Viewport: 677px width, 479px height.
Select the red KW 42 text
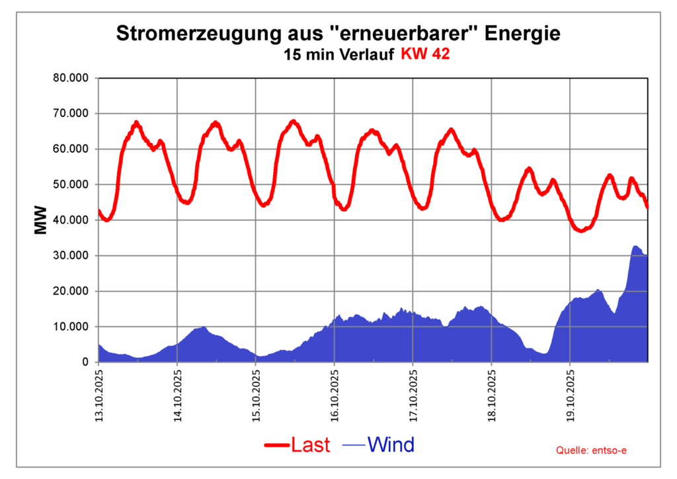[425, 54]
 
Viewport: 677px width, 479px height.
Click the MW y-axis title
[41, 220]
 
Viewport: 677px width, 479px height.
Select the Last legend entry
[309, 445]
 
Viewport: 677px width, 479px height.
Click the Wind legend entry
[391, 445]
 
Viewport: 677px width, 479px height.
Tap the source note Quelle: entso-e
[592, 451]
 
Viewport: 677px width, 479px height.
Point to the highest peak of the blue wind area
[635, 246]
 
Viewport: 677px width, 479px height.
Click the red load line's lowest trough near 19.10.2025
[580, 231]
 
